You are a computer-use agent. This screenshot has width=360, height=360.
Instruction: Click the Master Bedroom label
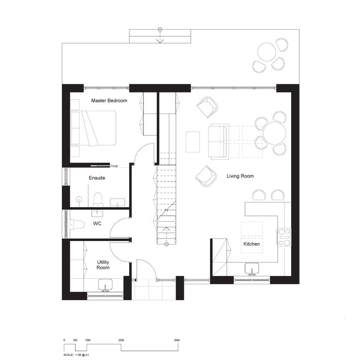pos(109,101)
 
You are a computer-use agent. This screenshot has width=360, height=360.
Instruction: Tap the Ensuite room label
pos(97,178)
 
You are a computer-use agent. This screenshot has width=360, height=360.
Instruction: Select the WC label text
pos(97,224)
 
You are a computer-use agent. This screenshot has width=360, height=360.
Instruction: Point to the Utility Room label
pos(103,265)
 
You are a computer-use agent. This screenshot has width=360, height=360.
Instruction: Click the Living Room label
pos(240,176)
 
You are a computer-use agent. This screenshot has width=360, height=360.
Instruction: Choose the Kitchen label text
pos(251,244)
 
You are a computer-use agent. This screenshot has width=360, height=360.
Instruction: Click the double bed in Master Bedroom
pos(93,128)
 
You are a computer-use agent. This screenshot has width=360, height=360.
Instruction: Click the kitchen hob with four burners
pos(284,237)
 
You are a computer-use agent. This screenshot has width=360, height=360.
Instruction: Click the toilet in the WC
pos(78,225)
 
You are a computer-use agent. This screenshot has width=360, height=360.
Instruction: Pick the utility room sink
pos(105,285)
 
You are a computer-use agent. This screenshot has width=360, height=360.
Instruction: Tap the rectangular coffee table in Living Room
pos(193,142)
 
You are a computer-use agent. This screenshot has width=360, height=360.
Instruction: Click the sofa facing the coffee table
pos(217,142)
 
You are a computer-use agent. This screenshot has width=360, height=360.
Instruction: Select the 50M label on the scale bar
pos(177,340)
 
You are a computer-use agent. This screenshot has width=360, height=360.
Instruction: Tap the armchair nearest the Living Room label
pos(205,176)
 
